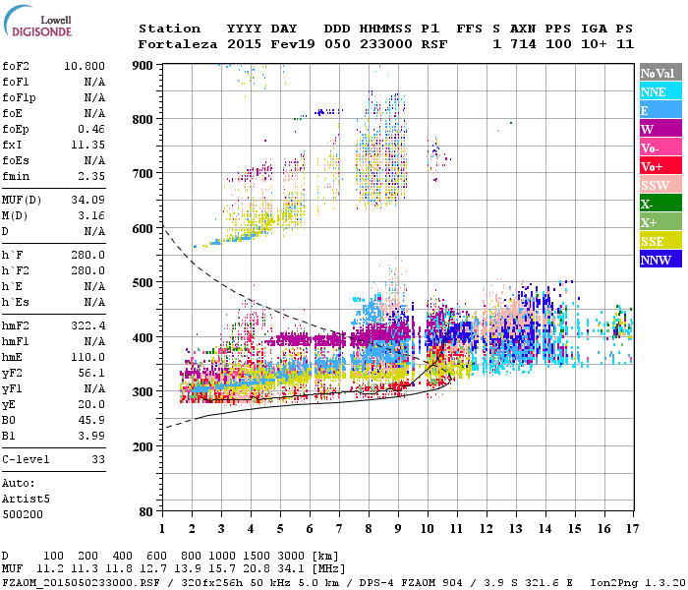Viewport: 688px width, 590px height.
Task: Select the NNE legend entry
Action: (x=659, y=91)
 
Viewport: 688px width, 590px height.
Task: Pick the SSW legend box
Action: (x=659, y=185)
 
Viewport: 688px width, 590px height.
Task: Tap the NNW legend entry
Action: (x=659, y=260)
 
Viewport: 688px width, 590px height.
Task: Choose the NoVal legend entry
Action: (x=659, y=73)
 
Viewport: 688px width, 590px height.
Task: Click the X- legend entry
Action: (x=659, y=204)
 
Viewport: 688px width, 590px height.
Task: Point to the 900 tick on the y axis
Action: (x=143, y=65)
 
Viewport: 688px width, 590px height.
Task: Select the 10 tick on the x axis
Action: (x=427, y=529)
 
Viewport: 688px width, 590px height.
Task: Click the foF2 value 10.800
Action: (x=84, y=67)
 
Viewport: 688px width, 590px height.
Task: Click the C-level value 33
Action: (x=97, y=459)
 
